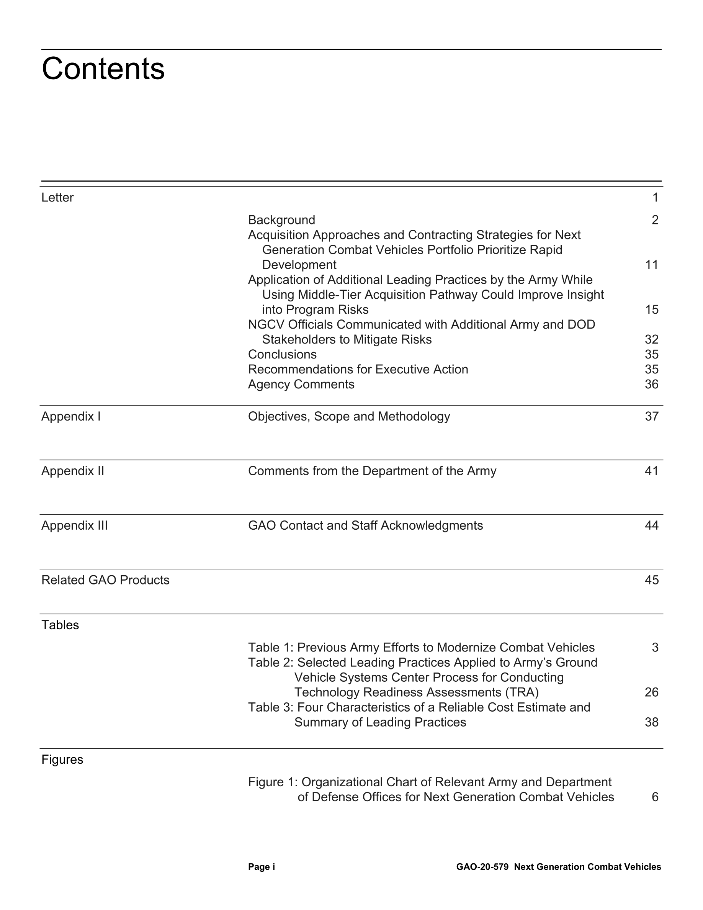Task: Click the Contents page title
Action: pos(103,69)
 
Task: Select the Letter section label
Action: pos(57,198)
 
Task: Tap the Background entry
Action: pos(281,220)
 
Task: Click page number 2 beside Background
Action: pos(655,220)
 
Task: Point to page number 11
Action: pos(651,265)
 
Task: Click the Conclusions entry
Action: pos(282,355)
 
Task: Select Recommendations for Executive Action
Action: pos(358,370)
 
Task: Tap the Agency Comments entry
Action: pos(301,384)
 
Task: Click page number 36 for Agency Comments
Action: pos(651,384)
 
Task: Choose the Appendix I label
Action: pos(71,417)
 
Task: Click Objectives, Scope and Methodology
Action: pos(349,417)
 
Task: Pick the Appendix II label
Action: pos(72,471)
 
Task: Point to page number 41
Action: pos(651,471)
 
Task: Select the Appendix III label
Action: pos(74,526)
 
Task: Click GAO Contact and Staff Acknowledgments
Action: pos(365,526)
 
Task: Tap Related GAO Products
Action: pos(105,580)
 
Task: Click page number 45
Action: pos(651,580)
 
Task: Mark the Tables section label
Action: pos(60,625)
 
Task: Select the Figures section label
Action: pos(62,760)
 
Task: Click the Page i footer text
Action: pos(262,867)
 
